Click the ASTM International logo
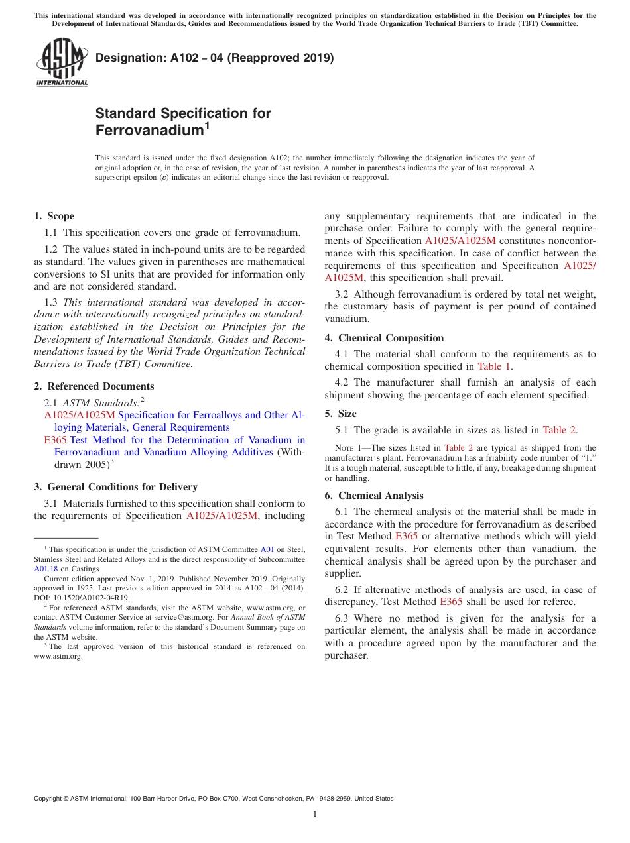tap(62, 63)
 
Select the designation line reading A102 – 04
tap(214, 58)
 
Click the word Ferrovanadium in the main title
tap(150, 130)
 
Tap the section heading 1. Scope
tap(54, 216)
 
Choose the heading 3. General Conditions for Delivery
tap(115, 487)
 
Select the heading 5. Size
tap(340, 414)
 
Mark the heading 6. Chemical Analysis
tap(374, 496)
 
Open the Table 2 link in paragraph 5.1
tap(559, 430)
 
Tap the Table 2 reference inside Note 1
tap(458, 448)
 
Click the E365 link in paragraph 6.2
tap(451, 602)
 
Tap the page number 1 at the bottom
tap(315, 815)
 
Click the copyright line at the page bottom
tap(214, 799)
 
